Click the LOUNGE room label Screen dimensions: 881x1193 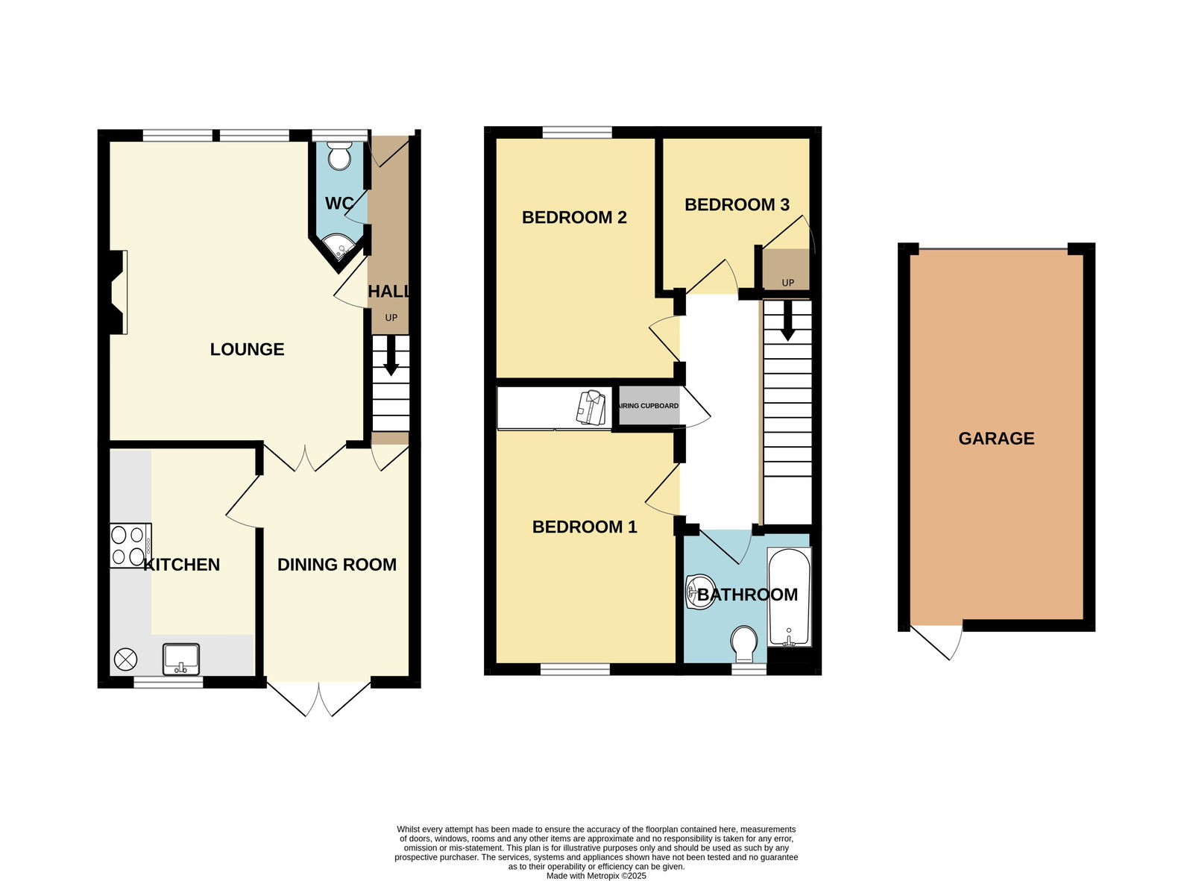(x=247, y=349)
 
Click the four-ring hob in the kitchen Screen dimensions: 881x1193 (x=128, y=545)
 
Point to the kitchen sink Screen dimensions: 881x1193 (x=181, y=657)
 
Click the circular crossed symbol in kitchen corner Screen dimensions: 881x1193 (x=125, y=659)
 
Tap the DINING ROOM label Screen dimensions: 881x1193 (x=336, y=565)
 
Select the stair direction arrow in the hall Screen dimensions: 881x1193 (x=391, y=361)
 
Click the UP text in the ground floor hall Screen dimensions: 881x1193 (x=391, y=318)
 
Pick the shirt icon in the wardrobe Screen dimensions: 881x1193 (x=591, y=407)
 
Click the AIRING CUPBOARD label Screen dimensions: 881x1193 (x=649, y=406)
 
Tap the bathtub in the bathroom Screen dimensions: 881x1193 (x=789, y=597)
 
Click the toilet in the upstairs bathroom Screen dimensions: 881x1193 (x=743, y=642)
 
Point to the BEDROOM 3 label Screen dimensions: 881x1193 (x=737, y=204)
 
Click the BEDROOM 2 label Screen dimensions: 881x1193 (x=574, y=217)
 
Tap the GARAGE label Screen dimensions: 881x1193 (x=996, y=439)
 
